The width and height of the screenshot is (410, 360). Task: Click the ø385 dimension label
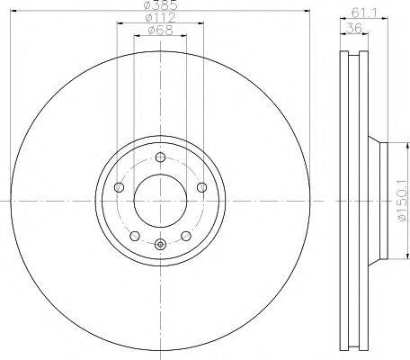(x=160, y=8)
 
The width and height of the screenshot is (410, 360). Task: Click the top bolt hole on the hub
(x=160, y=158)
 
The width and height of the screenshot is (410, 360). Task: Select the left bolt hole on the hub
(x=119, y=188)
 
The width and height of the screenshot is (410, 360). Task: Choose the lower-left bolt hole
(x=134, y=236)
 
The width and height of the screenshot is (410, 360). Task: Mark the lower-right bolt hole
(x=185, y=236)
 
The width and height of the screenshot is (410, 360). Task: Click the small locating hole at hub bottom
(x=160, y=244)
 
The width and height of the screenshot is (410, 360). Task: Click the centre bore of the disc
(x=160, y=200)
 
